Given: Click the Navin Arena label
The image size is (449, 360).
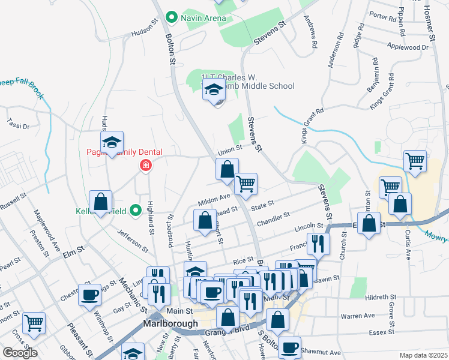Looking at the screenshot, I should click(x=203, y=18).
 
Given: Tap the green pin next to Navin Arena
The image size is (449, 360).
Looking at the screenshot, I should click(x=172, y=17).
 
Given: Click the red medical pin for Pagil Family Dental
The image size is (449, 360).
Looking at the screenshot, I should click(x=145, y=166).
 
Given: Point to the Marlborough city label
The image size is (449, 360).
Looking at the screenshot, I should click(x=170, y=323).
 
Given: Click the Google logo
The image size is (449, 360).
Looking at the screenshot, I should click(x=20, y=353).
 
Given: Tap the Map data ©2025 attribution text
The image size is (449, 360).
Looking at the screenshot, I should click(x=424, y=355).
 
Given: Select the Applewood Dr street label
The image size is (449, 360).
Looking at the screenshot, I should click(x=411, y=46).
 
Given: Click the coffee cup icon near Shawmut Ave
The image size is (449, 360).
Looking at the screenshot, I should click(x=290, y=347).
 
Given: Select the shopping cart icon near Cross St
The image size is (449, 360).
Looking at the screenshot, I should click(x=34, y=323).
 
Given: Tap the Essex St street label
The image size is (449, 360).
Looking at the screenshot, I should click(x=382, y=331).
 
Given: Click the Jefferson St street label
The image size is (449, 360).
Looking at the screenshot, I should click(x=133, y=240).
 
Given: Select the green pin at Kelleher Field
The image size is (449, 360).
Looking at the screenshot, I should click(x=136, y=211).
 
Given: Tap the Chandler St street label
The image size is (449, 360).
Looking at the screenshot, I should click(x=274, y=215).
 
